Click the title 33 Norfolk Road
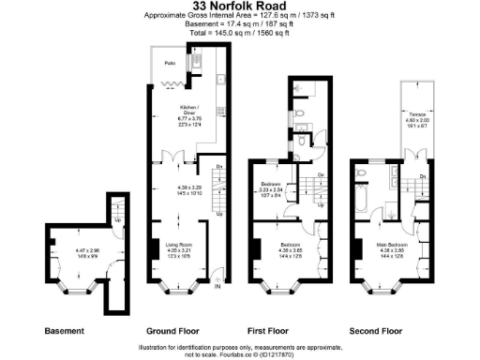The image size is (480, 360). click(x=239, y=7)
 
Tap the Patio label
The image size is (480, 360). click(x=170, y=63)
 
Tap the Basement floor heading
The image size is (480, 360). click(x=66, y=331)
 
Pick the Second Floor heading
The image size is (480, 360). click(x=376, y=331)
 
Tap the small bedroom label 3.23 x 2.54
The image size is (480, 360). click(x=271, y=188)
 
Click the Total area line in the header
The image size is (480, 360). click(x=239, y=32)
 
